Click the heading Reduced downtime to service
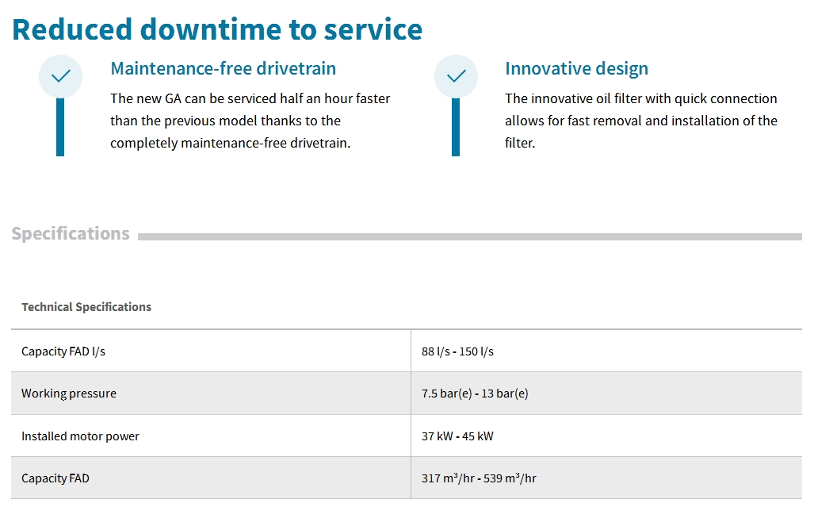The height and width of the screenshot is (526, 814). (217, 29)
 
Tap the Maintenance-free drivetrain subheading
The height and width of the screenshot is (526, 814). (224, 68)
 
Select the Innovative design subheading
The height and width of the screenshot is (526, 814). (577, 69)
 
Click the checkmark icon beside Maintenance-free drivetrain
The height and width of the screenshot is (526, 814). (61, 76)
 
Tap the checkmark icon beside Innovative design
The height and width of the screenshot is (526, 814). (457, 76)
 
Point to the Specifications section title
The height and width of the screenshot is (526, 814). (71, 234)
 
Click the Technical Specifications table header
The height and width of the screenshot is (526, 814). (86, 307)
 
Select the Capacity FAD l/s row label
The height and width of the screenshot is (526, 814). (63, 351)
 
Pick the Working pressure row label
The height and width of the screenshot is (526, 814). (69, 394)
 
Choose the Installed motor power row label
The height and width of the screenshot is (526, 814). (81, 436)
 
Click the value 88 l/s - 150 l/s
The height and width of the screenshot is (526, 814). (457, 351)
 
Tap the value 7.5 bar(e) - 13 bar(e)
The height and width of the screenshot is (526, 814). (475, 394)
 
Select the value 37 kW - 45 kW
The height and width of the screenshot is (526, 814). (457, 436)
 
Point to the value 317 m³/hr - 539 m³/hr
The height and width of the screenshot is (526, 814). (479, 478)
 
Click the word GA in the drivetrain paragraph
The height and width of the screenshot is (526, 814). (173, 98)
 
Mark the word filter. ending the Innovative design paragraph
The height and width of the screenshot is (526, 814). (520, 143)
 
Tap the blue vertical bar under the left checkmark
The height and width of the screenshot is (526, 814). (60, 127)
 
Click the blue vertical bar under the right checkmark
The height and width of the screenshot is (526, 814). (456, 127)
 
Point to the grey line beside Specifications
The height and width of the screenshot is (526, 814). (470, 236)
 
